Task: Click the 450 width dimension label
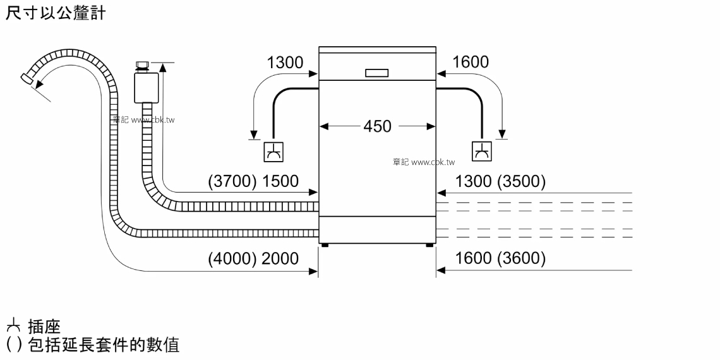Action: pyautogui.click(x=377, y=126)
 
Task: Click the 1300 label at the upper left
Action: pyautogui.click(x=285, y=63)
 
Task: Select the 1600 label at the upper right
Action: pyautogui.click(x=471, y=62)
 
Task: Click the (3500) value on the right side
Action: pyautogui.click(x=521, y=182)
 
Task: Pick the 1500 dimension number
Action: pyautogui.click(x=280, y=182)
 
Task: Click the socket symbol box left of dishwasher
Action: pyautogui.click(x=273, y=152)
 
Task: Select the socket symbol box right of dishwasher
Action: pyautogui.click(x=482, y=152)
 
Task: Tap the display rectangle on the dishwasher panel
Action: pyautogui.click(x=377, y=73)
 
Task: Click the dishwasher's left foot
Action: pyautogui.click(x=325, y=245)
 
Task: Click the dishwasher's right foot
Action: pyautogui.click(x=429, y=245)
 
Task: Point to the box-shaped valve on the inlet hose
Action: pyautogui.click(x=147, y=88)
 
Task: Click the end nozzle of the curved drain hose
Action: pyautogui.click(x=28, y=79)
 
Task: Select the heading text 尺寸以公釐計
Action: pyautogui.click(x=56, y=13)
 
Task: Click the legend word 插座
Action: pyautogui.click(x=44, y=327)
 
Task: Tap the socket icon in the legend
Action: pyautogui.click(x=13, y=327)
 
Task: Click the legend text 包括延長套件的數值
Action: pyautogui.click(x=104, y=344)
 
